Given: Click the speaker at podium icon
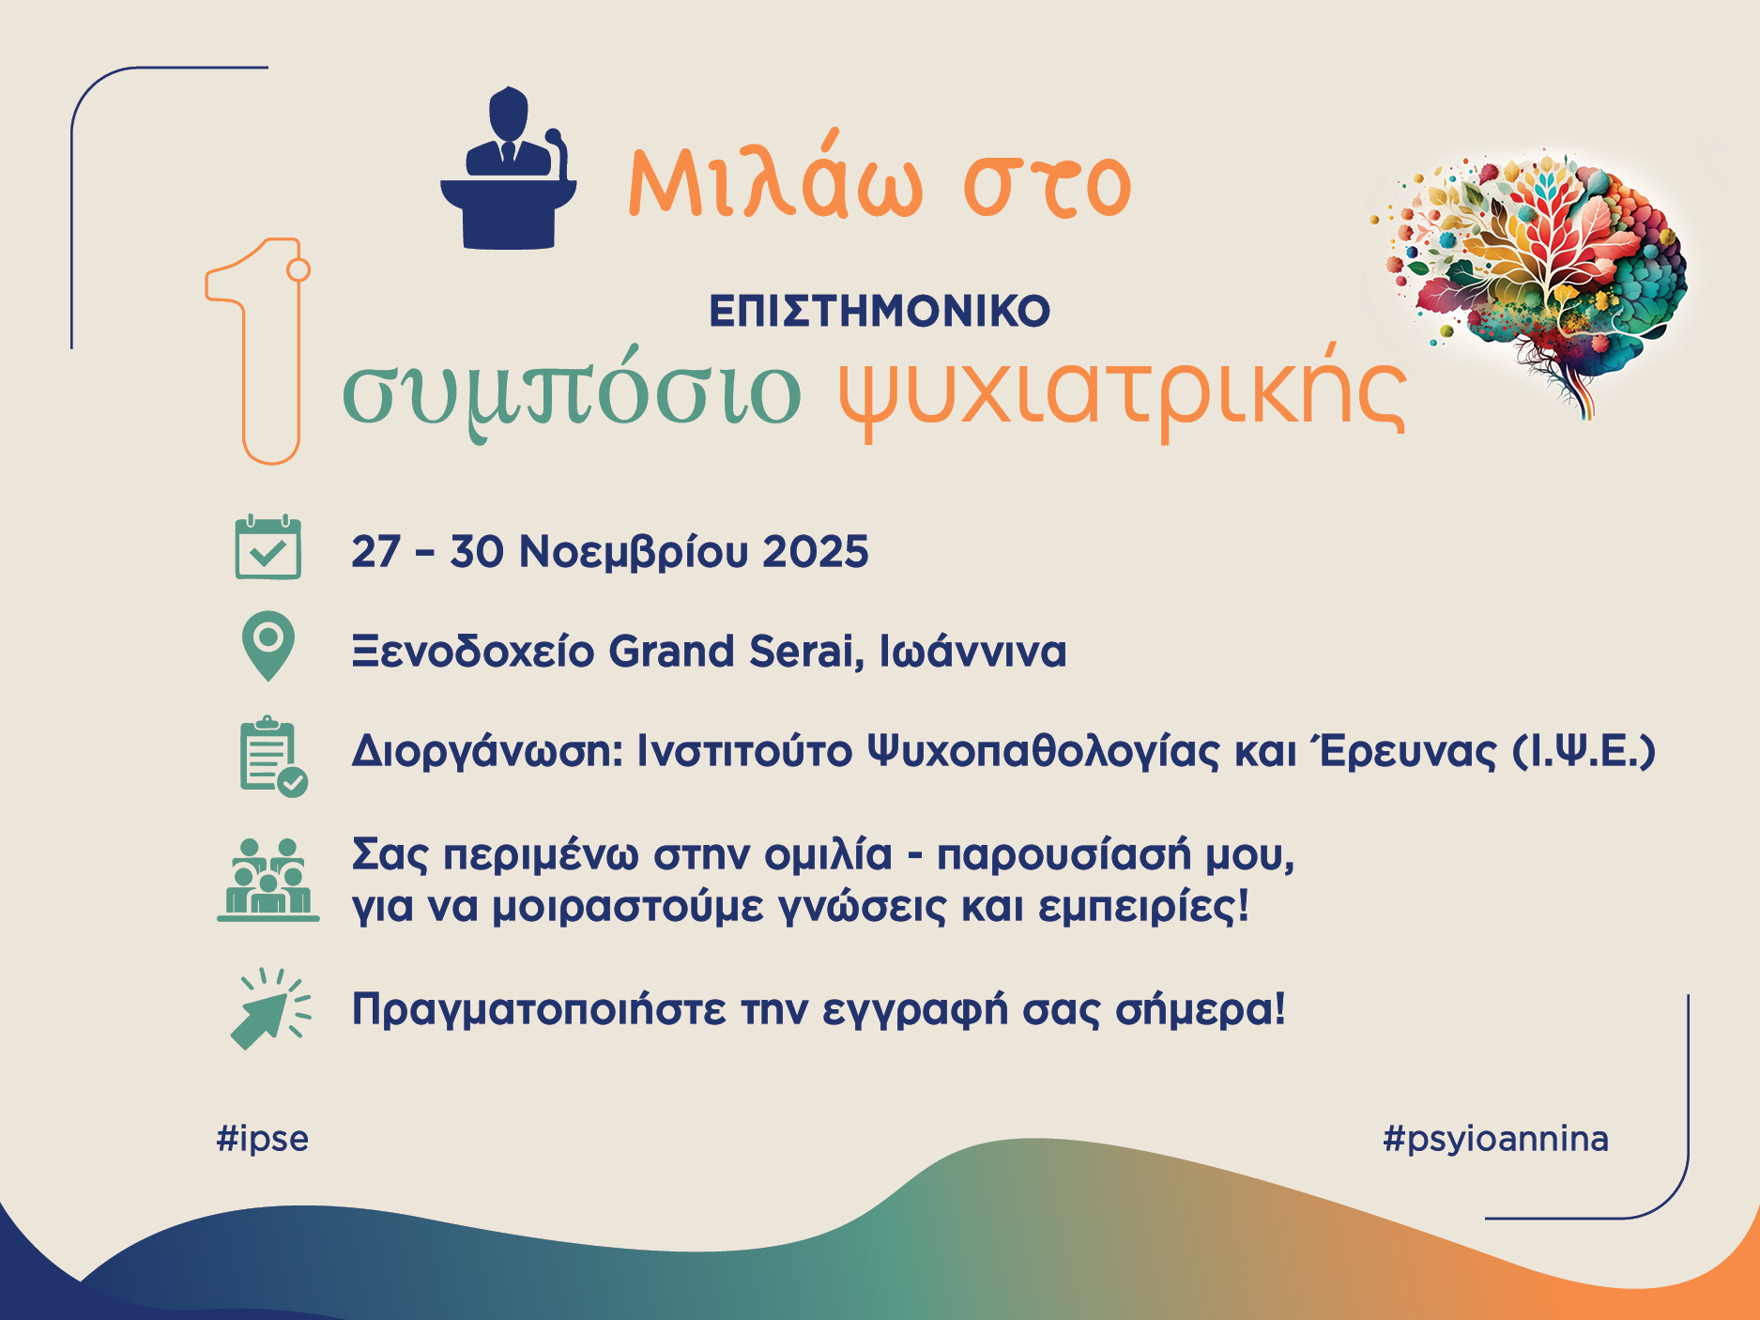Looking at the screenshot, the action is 509,169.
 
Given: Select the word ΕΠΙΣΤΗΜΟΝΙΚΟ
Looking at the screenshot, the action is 880,312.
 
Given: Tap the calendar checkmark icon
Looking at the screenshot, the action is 268,547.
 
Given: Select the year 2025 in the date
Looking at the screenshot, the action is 816,552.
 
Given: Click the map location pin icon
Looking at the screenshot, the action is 268,646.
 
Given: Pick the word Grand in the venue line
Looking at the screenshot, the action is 671,652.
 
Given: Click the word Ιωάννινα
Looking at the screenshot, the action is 972,652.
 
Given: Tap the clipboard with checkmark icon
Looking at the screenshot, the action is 273,757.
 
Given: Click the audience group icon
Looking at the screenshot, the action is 268,880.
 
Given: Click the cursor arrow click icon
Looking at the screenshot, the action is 270,1009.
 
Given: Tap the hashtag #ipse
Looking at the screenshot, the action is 263,1139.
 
